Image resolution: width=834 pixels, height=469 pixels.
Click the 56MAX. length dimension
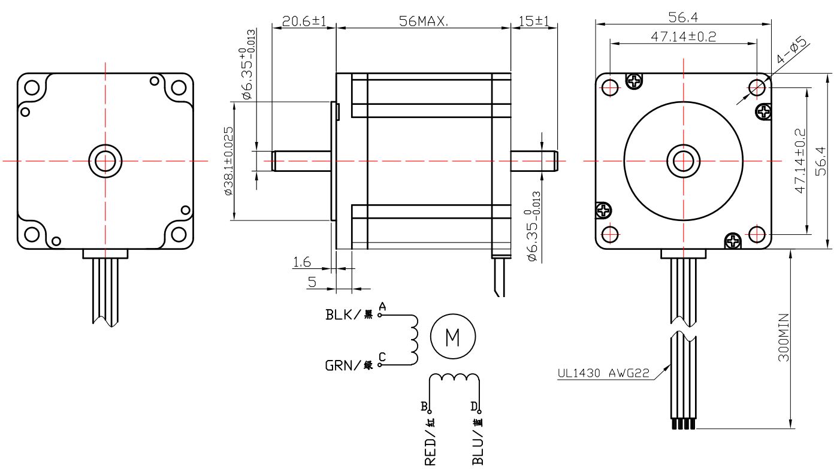click(x=424, y=21)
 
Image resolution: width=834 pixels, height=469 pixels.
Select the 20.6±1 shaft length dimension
click(x=304, y=21)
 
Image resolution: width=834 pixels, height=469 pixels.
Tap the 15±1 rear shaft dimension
click(x=534, y=21)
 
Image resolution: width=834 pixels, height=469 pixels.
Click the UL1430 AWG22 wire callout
click(x=603, y=373)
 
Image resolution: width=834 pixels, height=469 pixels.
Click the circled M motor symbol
click(x=453, y=337)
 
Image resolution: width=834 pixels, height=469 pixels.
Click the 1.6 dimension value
click(x=302, y=261)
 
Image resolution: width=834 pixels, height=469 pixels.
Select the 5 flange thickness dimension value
click(x=312, y=282)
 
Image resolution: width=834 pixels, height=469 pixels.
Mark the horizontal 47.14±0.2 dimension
click(x=683, y=37)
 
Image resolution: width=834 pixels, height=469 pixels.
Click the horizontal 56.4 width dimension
click(x=683, y=17)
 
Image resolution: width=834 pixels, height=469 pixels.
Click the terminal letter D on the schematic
click(x=474, y=407)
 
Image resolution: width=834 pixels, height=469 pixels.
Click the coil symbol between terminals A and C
click(x=413, y=339)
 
